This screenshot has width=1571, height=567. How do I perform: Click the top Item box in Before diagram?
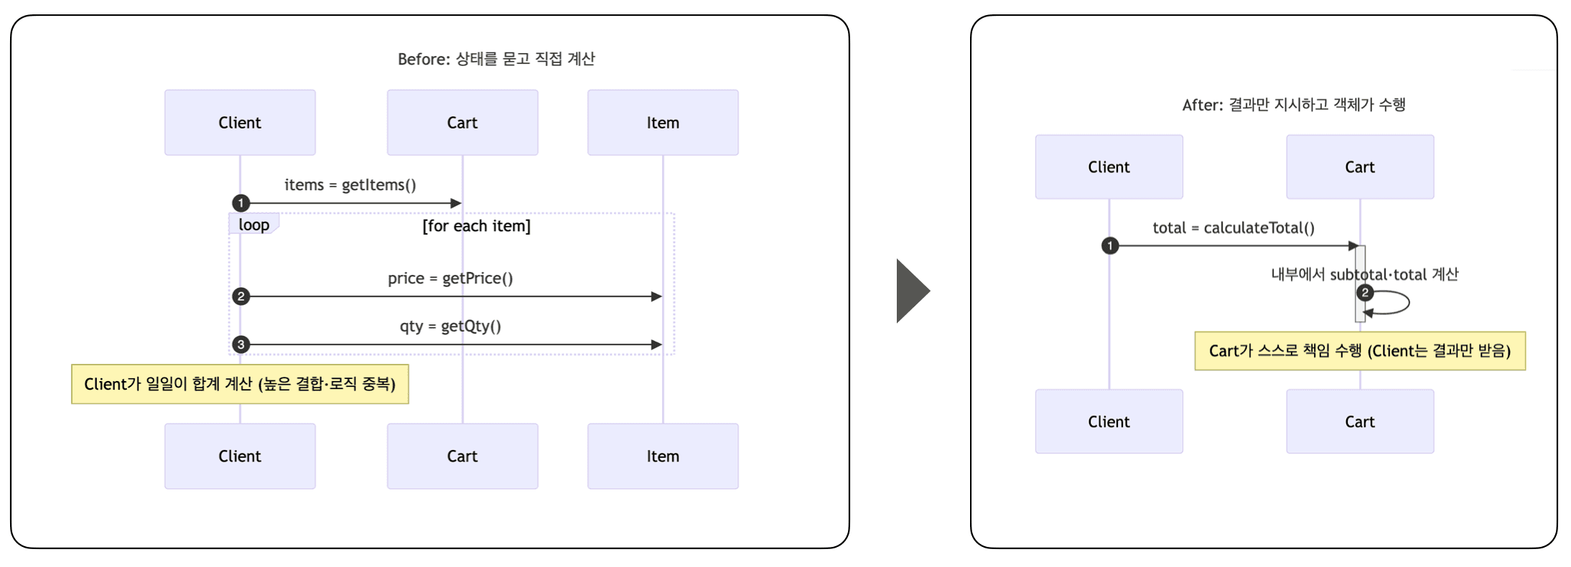(662, 122)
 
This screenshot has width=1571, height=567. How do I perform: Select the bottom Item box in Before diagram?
(662, 456)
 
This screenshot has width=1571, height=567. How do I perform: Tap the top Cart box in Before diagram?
(462, 122)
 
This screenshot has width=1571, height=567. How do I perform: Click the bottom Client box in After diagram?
(1108, 421)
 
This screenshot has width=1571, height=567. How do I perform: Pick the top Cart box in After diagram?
(1359, 167)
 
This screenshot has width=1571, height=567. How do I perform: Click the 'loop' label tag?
(253, 225)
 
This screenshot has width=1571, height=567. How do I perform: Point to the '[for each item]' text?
(476, 226)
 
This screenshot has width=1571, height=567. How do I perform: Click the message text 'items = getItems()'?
(350, 185)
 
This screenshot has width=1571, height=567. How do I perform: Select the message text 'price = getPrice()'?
(450, 278)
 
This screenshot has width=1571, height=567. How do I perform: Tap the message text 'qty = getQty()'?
(450, 327)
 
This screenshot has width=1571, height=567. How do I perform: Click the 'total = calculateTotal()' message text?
(1233, 228)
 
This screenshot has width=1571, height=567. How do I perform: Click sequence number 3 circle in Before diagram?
(241, 345)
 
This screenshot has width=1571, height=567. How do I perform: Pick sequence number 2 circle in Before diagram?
(241, 296)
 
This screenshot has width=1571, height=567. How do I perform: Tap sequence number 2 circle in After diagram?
(1365, 293)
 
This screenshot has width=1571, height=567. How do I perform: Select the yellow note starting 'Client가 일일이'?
(240, 384)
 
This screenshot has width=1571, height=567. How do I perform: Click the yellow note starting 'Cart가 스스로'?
(1359, 351)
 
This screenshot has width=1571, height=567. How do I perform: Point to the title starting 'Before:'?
(496, 59)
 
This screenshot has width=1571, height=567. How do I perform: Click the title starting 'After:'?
(1293, 105)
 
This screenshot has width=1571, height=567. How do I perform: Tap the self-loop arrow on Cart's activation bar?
(1397, 302)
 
